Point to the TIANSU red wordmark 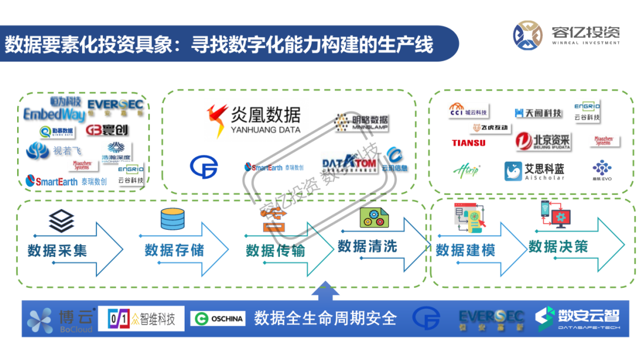[469, 143]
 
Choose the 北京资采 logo [543, 141]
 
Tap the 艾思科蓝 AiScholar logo [534, 171]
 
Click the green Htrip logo [466, 171]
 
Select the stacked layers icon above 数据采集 [62, 221]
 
